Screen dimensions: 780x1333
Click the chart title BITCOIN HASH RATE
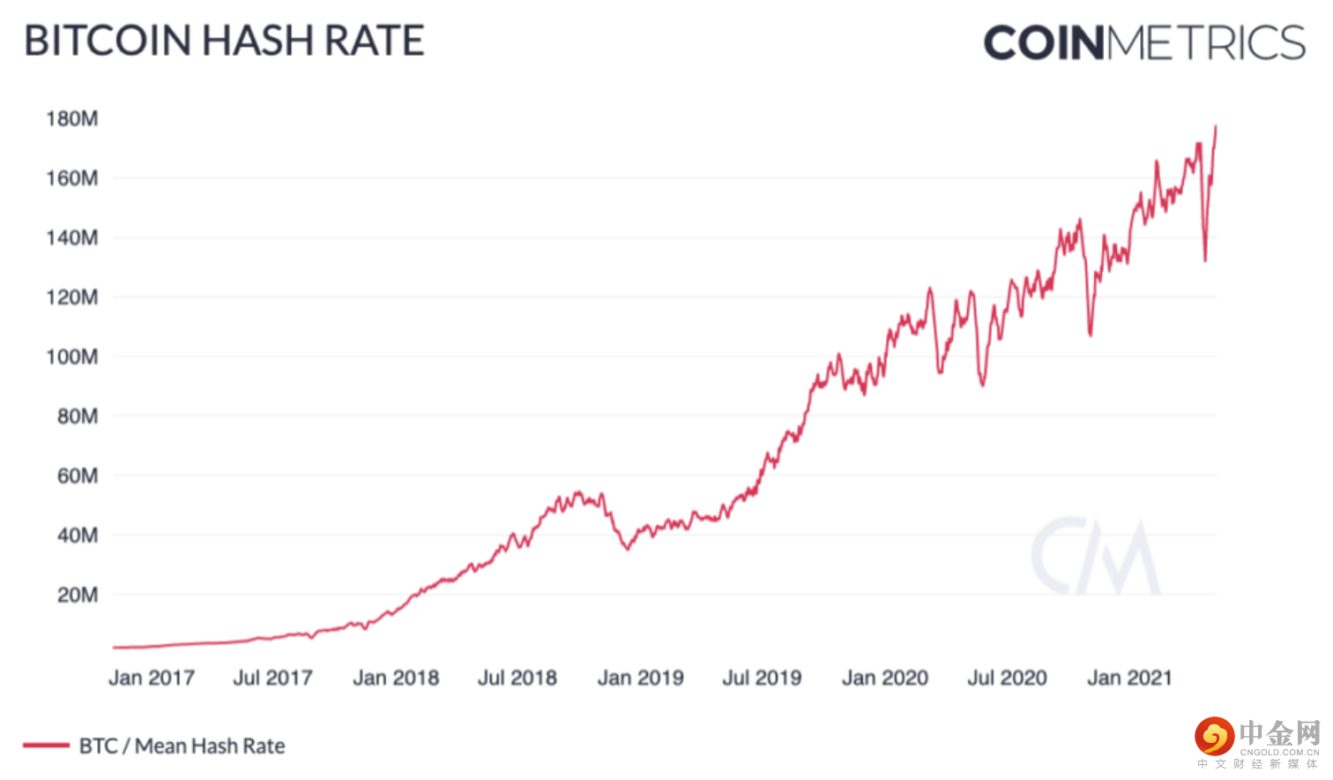224,41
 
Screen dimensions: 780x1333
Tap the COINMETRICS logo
1143,42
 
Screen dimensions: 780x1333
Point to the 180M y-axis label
72,118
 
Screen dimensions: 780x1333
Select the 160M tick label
72,178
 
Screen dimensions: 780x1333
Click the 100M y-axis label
72,356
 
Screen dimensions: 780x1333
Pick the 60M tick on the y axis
77,476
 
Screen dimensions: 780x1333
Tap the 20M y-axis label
77,595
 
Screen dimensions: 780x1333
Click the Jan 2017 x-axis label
151,678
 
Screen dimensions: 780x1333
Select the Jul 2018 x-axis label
518,678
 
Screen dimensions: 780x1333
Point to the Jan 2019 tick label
641,678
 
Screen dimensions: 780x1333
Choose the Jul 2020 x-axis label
1007,678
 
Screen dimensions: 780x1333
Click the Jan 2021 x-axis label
1129,678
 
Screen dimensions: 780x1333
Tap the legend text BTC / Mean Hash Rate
182,746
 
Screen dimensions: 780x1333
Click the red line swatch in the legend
46,746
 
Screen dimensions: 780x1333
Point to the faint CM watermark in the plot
1095,557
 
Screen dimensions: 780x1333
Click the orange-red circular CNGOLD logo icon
1214,737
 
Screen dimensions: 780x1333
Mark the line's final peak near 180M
1216,126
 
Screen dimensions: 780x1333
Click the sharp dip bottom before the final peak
1205,260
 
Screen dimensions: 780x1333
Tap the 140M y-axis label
72,237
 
